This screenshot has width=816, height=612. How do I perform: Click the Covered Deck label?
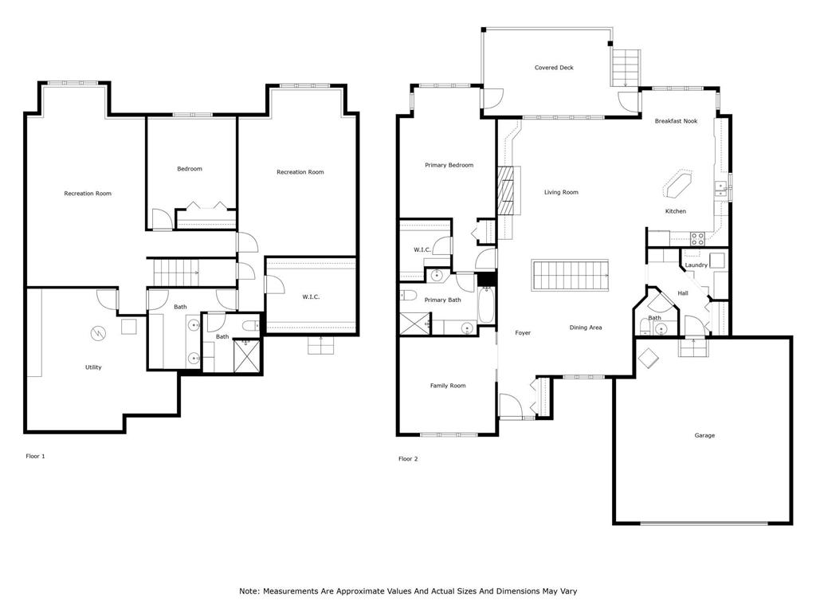pos(554,68)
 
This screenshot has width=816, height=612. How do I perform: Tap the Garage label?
pos(704,435)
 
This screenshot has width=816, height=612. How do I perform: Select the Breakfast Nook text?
pos(676,121)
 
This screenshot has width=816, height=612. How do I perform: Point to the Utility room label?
pos(93,367)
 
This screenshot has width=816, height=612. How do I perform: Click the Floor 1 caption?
pos(36,457)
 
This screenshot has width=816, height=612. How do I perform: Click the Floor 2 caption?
pos(408,458)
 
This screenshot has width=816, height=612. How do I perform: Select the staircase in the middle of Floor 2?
pos(570,276)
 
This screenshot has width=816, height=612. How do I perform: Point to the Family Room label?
pos(448,386)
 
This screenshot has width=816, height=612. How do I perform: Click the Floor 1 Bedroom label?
pos(190,169)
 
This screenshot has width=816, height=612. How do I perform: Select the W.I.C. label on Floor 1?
pos(311,297)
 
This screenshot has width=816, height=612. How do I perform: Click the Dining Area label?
pos(585,328)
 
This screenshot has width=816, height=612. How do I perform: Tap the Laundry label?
pos(696,265)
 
